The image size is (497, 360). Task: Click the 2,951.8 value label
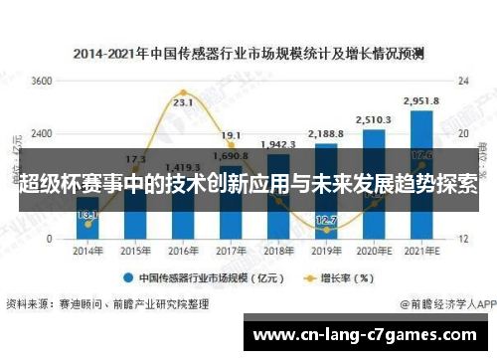(421, 99)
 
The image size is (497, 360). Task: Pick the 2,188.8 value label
(326, 133)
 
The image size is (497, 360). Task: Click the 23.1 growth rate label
(182, 101)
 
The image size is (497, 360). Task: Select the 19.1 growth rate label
(231, 135)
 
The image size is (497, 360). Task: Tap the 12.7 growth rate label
(326, 220)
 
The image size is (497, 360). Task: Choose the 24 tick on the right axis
(463, 82)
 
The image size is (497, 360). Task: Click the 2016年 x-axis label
(183, 253)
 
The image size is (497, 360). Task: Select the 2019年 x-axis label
(326, 253)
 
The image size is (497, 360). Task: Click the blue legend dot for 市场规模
(129, 278)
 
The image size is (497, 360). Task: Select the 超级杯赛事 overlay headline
(248, 186)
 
